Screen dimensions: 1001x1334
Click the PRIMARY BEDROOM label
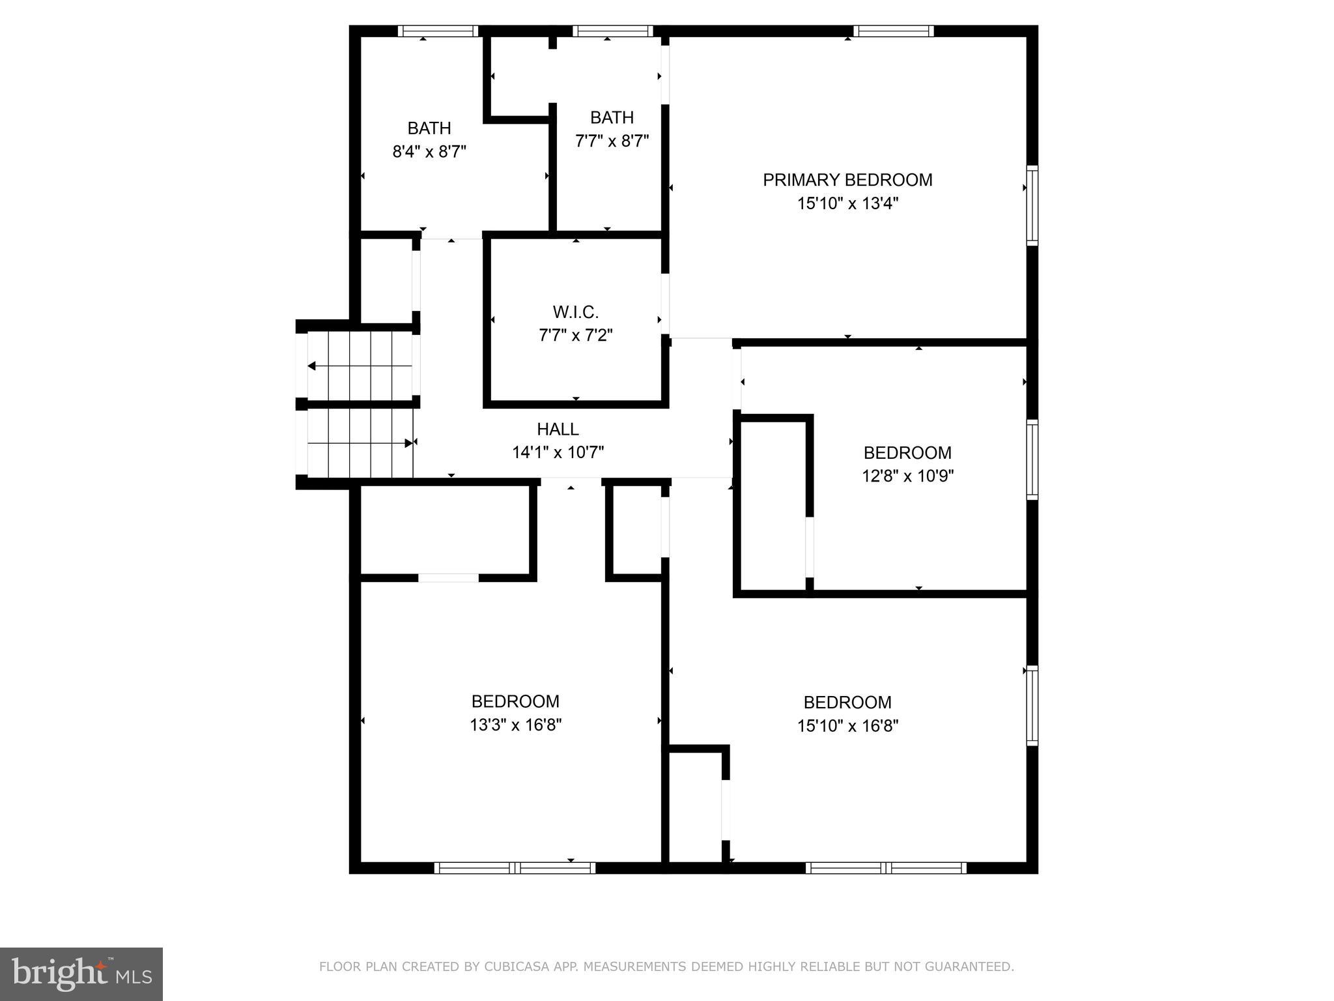847,180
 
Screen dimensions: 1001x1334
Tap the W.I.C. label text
575,312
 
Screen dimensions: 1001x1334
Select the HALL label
558,429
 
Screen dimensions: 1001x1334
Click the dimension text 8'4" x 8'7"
429,152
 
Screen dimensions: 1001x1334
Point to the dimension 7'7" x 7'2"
575,335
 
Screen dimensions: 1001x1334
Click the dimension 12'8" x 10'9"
907,476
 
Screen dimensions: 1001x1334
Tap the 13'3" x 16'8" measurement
515,725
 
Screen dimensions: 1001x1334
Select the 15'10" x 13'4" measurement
847,203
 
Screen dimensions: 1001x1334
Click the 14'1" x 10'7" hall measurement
558,452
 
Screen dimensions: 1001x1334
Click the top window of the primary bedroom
893,31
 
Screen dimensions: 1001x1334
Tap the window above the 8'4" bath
438,31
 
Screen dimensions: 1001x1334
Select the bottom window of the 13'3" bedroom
515,867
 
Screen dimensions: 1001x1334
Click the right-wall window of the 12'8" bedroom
1032,460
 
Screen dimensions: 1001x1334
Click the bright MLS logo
81,974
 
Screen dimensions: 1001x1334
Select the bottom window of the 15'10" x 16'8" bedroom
886,867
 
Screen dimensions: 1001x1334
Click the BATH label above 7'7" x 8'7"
612,117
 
